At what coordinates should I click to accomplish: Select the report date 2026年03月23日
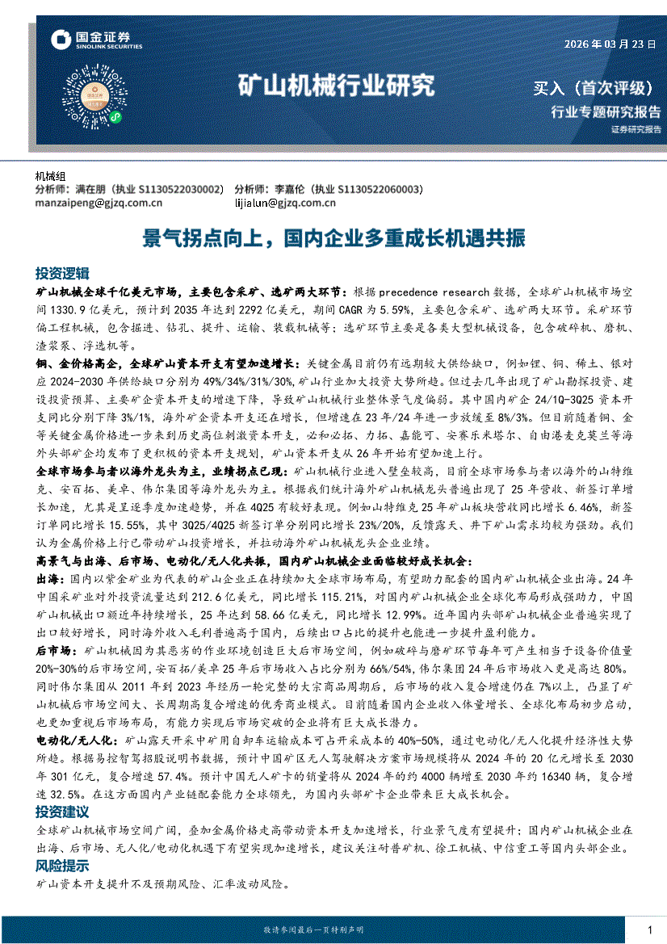pos(610,44)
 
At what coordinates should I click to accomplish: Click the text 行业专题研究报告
pos(605,111)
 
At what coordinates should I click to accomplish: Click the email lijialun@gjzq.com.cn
pos(285,203)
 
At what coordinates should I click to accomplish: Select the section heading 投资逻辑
pos(62,272)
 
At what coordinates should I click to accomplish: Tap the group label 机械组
pos(52,177)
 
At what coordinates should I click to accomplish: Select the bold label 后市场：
pos(57,650)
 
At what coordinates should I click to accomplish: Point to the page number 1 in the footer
pos(650,930)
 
